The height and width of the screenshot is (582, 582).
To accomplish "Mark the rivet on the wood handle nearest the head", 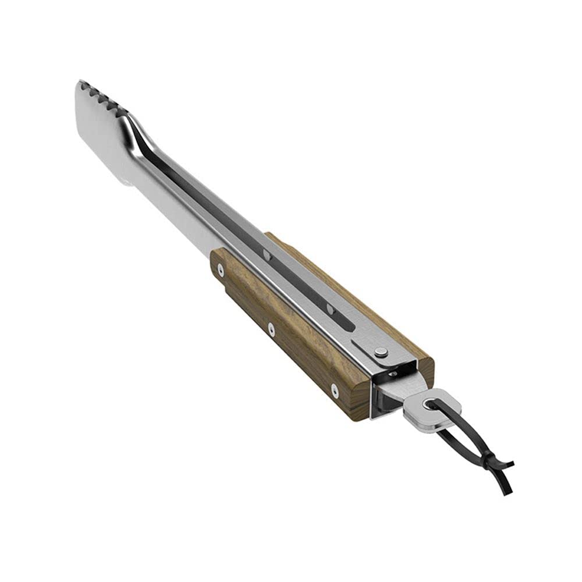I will click(x=220, y=268).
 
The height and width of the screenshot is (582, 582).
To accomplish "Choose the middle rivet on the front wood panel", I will click(x=271, y=329).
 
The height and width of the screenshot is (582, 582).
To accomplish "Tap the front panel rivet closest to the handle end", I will click(x=334, y=391).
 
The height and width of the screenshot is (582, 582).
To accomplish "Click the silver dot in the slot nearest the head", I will click(x=266, y=254).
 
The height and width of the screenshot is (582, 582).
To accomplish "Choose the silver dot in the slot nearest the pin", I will click(x=329, y=307).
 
